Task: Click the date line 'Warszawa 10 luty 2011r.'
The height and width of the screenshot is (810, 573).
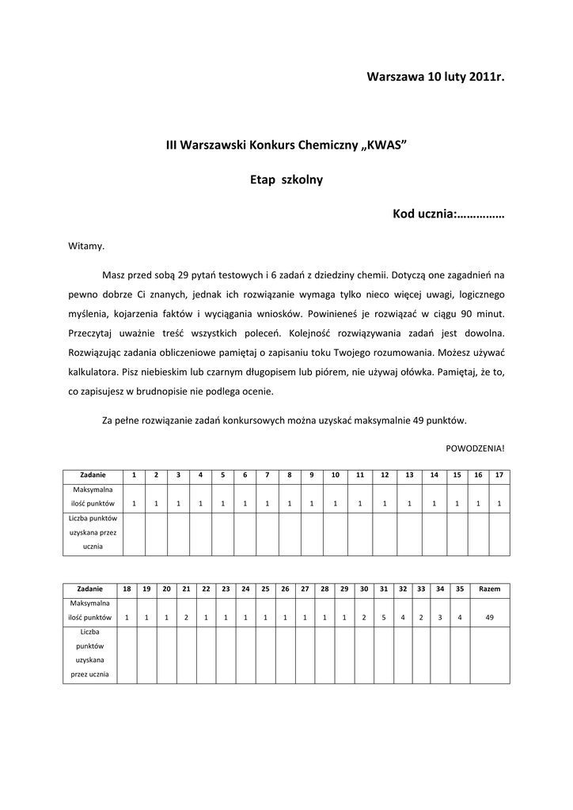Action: pos(434,77)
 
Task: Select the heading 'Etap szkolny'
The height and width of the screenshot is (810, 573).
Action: pos(286,180)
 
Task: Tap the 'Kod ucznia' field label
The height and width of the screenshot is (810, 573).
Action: pos(424,214)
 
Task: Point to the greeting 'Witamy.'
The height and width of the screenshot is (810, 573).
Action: pos(86,247)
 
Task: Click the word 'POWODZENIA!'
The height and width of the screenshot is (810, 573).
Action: pos(475,447)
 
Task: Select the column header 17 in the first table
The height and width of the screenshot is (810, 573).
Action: pos(499,475)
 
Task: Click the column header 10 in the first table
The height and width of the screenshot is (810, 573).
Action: pos(336,475)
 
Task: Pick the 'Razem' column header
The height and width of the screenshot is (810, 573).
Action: pos(490,589)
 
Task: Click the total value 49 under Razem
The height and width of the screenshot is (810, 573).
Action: pos(490,617)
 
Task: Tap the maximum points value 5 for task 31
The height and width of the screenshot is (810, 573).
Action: pos(384,617)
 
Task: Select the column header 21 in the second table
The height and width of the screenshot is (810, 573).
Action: pos(186,589)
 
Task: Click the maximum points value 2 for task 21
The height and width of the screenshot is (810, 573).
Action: pos(186,617)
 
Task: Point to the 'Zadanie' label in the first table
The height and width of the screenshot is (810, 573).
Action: pos(93,475)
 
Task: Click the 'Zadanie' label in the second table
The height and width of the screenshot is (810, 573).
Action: pos(89,589)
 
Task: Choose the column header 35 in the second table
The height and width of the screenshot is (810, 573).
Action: pos(460,589)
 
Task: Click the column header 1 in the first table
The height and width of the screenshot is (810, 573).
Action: pos(134,475)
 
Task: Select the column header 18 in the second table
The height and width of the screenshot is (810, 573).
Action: pos(127,589)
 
